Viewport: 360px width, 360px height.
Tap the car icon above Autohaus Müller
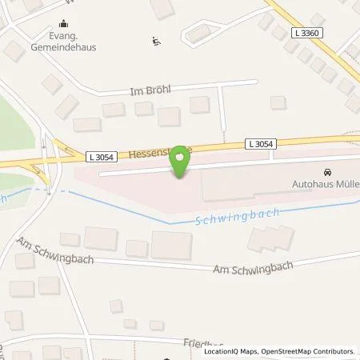(x=326, y=172)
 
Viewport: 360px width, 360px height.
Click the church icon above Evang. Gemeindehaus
(x=63, y=25)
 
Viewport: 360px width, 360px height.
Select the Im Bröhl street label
(x=151, y=92)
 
